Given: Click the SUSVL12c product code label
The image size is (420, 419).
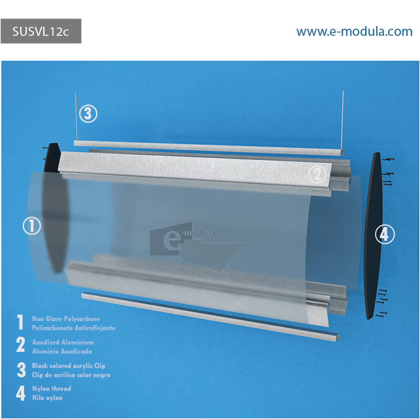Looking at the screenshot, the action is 40,31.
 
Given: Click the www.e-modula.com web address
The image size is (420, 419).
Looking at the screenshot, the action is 354,31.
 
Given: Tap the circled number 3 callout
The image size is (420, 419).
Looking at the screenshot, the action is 88,114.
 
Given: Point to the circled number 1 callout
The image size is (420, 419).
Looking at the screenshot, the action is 32,226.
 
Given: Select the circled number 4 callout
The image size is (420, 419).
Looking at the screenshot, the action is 385,234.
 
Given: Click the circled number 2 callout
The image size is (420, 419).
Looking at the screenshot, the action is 317,175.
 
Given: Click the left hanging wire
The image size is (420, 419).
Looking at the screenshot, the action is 76,117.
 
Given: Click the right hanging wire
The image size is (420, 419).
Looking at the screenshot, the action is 342,121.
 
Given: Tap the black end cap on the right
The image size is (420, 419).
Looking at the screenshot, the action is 373,236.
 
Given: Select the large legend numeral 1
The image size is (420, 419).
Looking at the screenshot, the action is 20,322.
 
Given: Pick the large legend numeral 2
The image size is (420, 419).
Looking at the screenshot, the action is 21,345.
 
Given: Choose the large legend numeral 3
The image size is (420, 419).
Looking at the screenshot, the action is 21,369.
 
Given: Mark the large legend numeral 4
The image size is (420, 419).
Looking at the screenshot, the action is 21,393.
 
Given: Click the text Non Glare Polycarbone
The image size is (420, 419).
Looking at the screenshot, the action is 66,318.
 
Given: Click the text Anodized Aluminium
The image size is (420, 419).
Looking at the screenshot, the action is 63,342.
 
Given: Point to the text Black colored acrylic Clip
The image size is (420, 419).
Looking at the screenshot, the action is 69,365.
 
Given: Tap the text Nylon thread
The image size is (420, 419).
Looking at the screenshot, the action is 52,388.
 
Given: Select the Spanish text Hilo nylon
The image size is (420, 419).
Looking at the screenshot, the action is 48,398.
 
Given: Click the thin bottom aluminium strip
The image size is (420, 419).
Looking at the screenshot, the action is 210,317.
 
